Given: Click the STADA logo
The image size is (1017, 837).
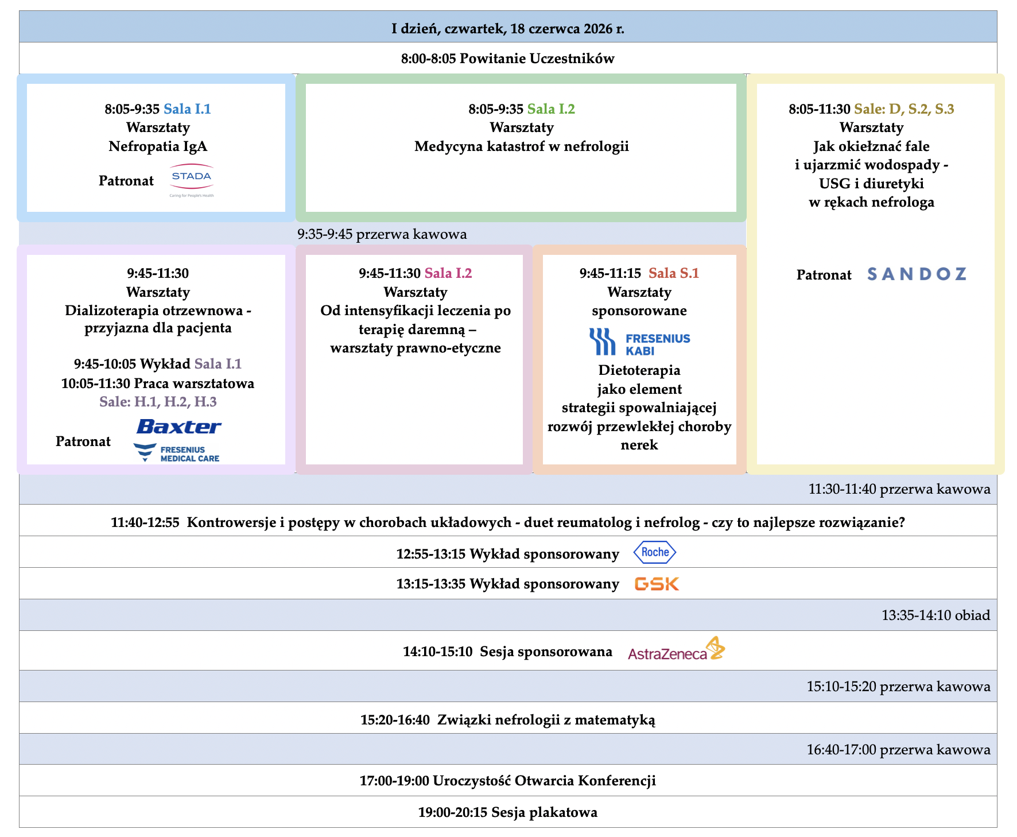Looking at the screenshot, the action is point(192,180).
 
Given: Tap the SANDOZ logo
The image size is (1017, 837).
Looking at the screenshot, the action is point(917,274).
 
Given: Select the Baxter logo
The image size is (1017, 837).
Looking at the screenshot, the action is point(179,427).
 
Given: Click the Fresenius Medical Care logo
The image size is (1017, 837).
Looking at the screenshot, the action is point(176,453).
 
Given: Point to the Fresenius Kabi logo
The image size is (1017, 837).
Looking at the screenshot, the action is point(639,342).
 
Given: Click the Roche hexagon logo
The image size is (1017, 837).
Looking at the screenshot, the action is point(655,552).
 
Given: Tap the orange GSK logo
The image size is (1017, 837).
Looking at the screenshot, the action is point(657,584).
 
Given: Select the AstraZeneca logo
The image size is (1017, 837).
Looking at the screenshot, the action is point(677,649).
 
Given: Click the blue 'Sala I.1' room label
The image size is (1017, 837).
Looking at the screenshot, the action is point(187,108).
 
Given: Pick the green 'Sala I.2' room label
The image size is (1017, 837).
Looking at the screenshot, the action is point(551,108).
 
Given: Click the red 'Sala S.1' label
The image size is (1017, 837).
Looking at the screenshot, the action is point(674,273).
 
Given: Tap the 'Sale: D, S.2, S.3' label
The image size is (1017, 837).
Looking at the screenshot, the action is point(904,108).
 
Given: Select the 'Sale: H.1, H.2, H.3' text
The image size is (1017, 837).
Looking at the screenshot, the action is point(158,401).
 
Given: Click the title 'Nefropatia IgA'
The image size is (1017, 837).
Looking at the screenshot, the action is point(158,146).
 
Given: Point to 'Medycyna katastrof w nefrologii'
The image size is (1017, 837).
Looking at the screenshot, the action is point(522,146).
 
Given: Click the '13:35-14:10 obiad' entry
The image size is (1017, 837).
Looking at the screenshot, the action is point(936,615).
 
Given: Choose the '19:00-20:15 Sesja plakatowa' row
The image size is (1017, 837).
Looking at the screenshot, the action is point(508,812).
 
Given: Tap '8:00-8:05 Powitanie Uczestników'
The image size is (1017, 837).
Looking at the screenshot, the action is point(508,58).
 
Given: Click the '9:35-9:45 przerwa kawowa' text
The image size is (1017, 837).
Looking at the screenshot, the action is point(382,234).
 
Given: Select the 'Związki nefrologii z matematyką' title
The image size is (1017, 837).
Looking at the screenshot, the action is point(546,719).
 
